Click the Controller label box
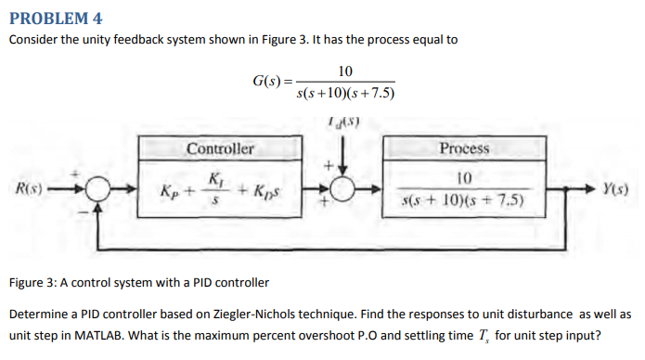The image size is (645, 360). point(220,148)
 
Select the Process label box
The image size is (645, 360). point(464,148)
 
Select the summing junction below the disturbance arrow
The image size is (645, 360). point(343,190)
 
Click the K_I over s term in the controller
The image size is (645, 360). point(215,189)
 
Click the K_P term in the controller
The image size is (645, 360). point(170,192)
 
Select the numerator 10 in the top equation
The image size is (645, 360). point(345,71)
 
